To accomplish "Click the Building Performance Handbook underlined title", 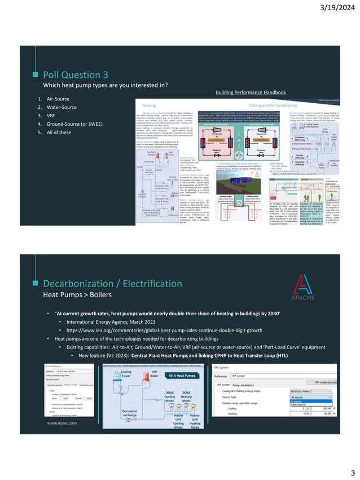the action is pyautogui.click(x=251, y=91).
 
